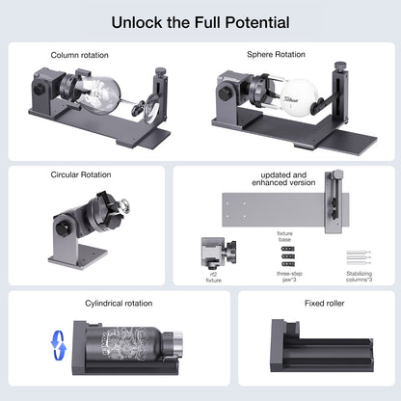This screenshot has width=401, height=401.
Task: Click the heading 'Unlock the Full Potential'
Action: coord(200,20)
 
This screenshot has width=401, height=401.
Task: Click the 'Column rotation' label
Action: coord(81,56)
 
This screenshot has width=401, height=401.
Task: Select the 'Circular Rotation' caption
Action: coord(81,175)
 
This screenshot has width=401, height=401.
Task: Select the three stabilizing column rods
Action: coord(359,257)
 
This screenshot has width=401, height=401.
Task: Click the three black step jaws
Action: coord(288,254)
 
